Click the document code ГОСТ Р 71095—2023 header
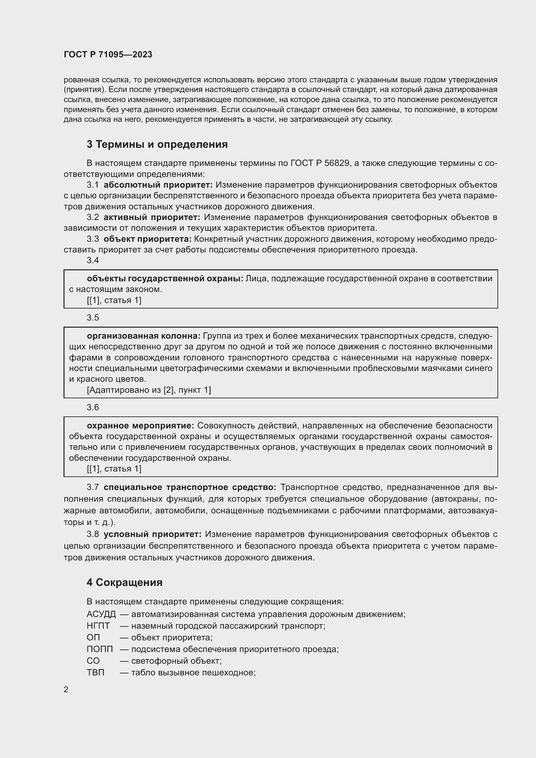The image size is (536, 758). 108,54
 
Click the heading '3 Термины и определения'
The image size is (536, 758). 157,144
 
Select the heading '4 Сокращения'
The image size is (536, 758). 124,582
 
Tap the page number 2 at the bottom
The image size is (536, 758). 66,690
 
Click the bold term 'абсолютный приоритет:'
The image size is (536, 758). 158,185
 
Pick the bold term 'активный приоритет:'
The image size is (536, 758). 152,217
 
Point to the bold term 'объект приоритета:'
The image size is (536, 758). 147,239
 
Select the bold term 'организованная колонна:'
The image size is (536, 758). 144,336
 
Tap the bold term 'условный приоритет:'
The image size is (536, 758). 153,534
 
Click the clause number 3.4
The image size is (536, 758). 93,261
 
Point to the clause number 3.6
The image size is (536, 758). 93,407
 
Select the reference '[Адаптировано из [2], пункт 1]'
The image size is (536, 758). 149,390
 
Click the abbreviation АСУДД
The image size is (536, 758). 101,614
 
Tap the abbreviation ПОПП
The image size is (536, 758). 100,649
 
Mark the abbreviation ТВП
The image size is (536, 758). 95,672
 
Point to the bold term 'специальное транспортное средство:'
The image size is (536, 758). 190,487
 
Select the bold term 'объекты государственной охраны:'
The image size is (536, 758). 165,279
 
